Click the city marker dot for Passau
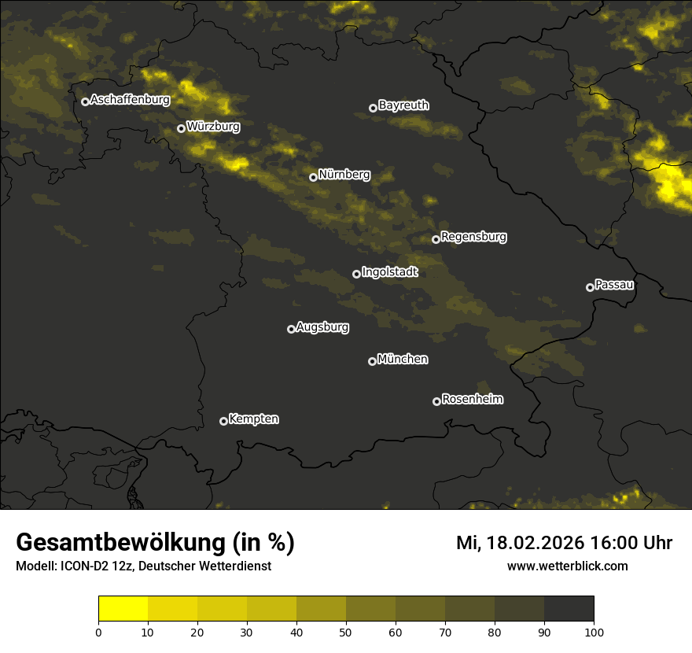click(x=590, y=287)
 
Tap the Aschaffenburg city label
click(x=130, y=100)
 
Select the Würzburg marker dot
click(x=181, y=128)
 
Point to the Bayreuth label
click(x=403, y=105)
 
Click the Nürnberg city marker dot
click(x=313, y=177)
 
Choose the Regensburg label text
click(x=473, y=236)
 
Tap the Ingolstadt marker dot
click(x=356, y=274)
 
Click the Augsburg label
click(x=322, y=326)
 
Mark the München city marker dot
click(x=373, y=362)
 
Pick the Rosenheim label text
click(x=472, y=399)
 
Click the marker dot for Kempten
click(x=223, y=421)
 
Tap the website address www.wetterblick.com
click(x=567, y=566)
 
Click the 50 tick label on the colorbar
click(x=346, y=631)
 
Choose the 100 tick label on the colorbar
click(x=594, y=631)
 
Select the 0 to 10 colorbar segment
click(x=123, y=609)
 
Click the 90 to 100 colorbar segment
click(x=569, y=609)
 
